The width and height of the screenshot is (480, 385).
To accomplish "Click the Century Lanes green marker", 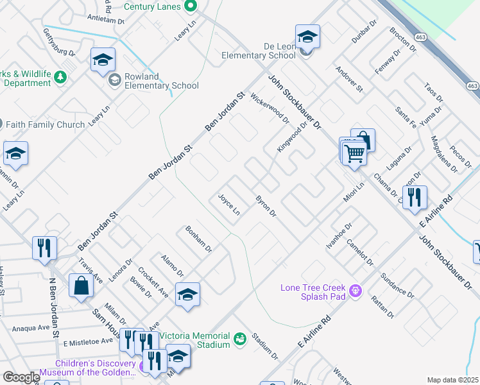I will [190, 6].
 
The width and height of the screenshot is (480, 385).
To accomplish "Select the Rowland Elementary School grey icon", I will [115, 80].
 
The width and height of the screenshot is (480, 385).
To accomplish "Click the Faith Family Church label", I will [44, 124].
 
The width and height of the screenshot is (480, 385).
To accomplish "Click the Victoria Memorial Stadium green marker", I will [240, 338].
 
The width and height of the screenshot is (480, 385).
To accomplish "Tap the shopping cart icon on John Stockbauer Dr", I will [354, 153].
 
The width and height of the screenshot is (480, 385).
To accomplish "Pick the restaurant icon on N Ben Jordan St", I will [44, 247].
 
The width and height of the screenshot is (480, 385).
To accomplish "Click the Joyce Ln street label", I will [229, 205].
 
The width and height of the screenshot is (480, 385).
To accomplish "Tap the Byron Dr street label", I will [266, 205].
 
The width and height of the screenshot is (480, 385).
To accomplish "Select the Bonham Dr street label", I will [198, 238].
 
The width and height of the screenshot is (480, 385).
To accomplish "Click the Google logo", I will [21, 377].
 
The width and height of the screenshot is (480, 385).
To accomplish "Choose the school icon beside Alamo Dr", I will [187, 295].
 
